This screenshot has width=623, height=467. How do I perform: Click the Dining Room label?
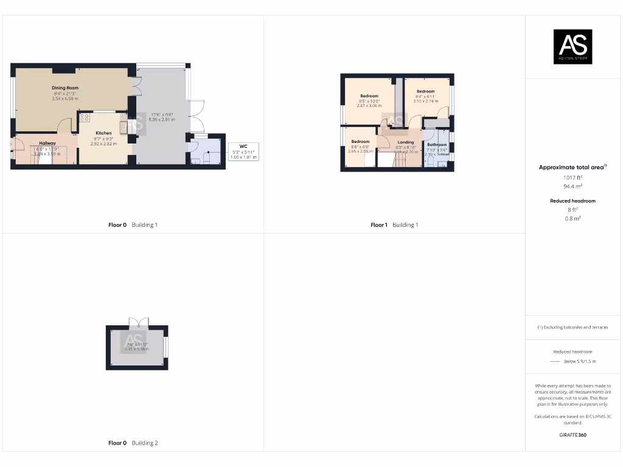tap(65, 88)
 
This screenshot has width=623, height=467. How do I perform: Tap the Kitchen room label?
tap(103, 133)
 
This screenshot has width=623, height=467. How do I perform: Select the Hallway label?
tap(47, 144)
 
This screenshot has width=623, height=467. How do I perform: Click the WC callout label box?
tap(243, 151)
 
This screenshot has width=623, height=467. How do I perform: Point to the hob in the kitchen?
tap(85, 117)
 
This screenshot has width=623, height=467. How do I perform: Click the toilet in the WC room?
tap(207, 159)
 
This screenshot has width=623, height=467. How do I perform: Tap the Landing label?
tap(406, 142)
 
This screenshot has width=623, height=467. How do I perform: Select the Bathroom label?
tap(437, 145)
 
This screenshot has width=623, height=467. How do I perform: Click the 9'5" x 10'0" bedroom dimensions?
tap(369, 101)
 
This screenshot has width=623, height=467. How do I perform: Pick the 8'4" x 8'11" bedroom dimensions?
tap(425, 96)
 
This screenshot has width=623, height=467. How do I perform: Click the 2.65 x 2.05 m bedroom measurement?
tap(360, 151)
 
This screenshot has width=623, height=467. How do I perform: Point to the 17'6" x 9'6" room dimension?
tap(161, 114)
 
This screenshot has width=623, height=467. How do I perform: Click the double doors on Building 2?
tap(137, 322)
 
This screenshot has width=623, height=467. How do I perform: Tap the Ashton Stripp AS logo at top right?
tap(573, 47)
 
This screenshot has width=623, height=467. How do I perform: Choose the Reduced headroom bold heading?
tap(573, 201)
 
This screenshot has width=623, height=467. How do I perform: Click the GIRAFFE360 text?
tap(573, 435)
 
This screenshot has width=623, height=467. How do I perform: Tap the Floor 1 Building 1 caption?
tap(394, 225)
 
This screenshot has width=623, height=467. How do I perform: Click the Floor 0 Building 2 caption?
tap(133, 443)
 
